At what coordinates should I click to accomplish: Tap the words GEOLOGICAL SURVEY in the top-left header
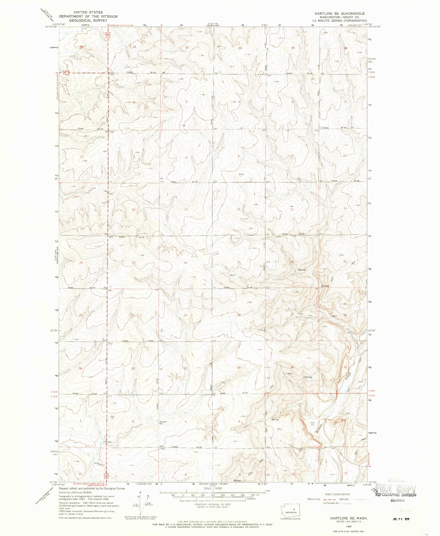coord(88,20)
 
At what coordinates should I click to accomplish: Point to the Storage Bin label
coord(163,423)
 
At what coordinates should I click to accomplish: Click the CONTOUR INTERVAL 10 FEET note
coord(213,505)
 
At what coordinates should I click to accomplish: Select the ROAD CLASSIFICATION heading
coord(337,494)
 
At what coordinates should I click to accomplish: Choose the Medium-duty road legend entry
coord(313,499)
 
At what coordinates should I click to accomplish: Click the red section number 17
coord(186,210)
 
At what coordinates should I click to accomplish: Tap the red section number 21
coord(239,262)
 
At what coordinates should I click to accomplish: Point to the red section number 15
coord(291,210)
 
